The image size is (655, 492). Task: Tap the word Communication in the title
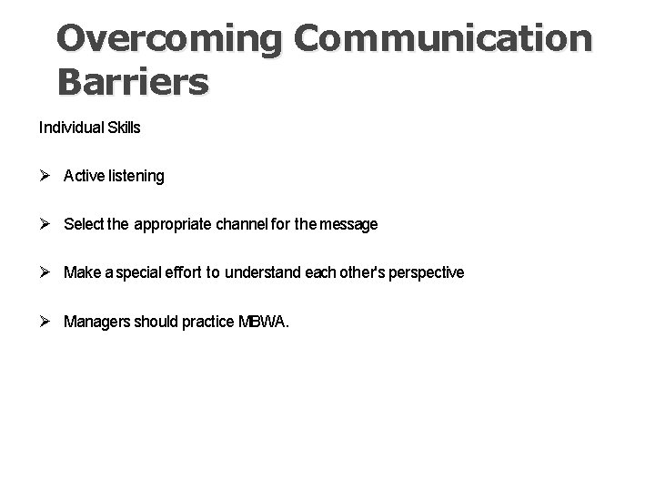click(444, 39)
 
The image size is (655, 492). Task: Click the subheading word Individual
click(71, 128)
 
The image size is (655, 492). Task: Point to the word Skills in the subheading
click(124, 128)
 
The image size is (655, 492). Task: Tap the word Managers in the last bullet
click(96, 321)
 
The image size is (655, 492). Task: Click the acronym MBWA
click(264, 321)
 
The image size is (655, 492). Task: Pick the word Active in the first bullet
click(84, 176)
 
